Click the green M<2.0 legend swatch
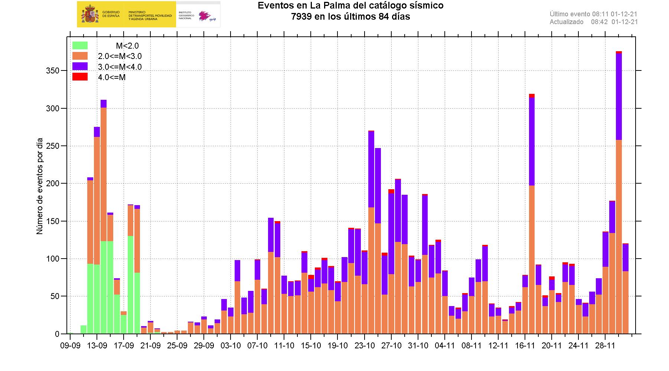[x=80, y=46]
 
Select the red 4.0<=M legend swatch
[x=80, y=77]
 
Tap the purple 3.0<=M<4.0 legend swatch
[x=80, y=66]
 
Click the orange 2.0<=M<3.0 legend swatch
[x=80, y=56]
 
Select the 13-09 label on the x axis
[x=97, y=345]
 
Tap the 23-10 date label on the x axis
[x=365, y=345]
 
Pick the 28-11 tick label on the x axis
[x=605, y=345]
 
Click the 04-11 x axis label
[x=445, y=345]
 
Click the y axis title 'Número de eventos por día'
[x=40, y=186]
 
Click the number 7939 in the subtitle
[x=302, y=17]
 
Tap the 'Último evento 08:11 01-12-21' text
[x=593, y=14]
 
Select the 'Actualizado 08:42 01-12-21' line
[x=593, y=22]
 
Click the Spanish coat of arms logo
[x=89, y=14]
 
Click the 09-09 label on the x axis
[x=70, y=345]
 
